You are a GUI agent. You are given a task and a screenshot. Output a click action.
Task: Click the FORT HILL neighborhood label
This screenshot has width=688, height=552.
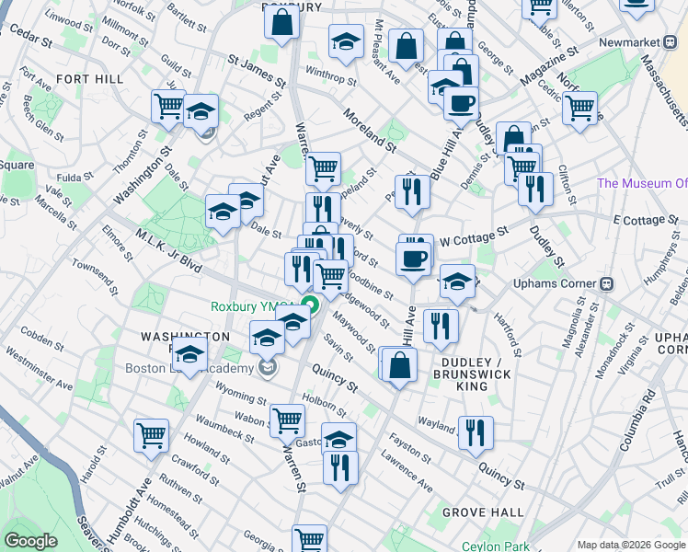pos(89,79)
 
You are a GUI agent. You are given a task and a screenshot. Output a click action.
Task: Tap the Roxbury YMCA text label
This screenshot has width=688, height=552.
pos(253,307)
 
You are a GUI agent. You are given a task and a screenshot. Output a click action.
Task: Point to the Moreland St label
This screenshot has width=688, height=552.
pos(368,129)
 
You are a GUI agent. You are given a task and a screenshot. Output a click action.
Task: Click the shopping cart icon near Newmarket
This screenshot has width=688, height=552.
pos(579,106)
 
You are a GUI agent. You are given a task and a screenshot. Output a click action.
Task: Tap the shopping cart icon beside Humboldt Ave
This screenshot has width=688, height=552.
pos(151,434)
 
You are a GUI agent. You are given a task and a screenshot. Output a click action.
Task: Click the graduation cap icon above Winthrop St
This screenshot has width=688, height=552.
pos(346,40)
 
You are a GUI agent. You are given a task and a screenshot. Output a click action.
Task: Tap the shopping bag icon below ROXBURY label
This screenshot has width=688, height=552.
pos(281,20)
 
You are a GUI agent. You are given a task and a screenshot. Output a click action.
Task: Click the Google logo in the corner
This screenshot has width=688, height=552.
pos(30,541)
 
